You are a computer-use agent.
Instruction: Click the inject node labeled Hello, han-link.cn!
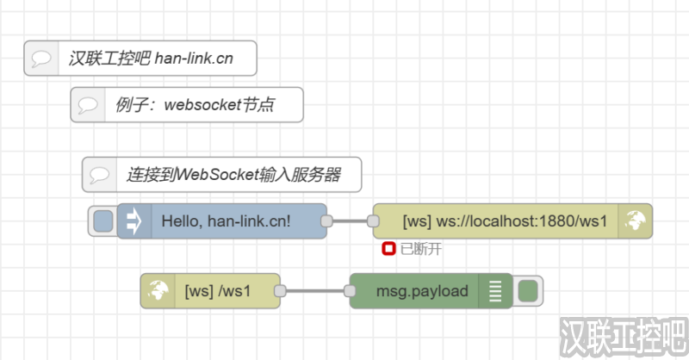click(226, 221)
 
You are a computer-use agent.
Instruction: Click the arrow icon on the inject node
click(133, 221)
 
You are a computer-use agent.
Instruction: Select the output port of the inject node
click(326, 221)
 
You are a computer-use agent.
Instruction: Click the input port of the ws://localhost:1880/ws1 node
click(373, 221)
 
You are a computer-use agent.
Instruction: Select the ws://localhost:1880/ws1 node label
click(505, 221)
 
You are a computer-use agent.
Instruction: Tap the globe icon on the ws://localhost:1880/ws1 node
click(636, 221)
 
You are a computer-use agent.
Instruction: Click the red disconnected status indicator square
click(388, 249)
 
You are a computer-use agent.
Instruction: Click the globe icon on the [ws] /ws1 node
click(157, 291)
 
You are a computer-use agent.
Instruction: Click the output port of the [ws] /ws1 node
click(280, 291)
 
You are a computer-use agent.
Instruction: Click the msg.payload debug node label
click(421, 291)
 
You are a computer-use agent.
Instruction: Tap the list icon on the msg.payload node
click(494, 291)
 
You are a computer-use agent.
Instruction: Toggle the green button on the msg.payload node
click(527, 291)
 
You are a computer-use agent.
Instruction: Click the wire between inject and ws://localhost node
click(350, 221)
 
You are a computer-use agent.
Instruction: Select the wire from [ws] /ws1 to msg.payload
click(315, 291)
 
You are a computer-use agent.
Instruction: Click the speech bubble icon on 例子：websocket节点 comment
click(88, 105)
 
